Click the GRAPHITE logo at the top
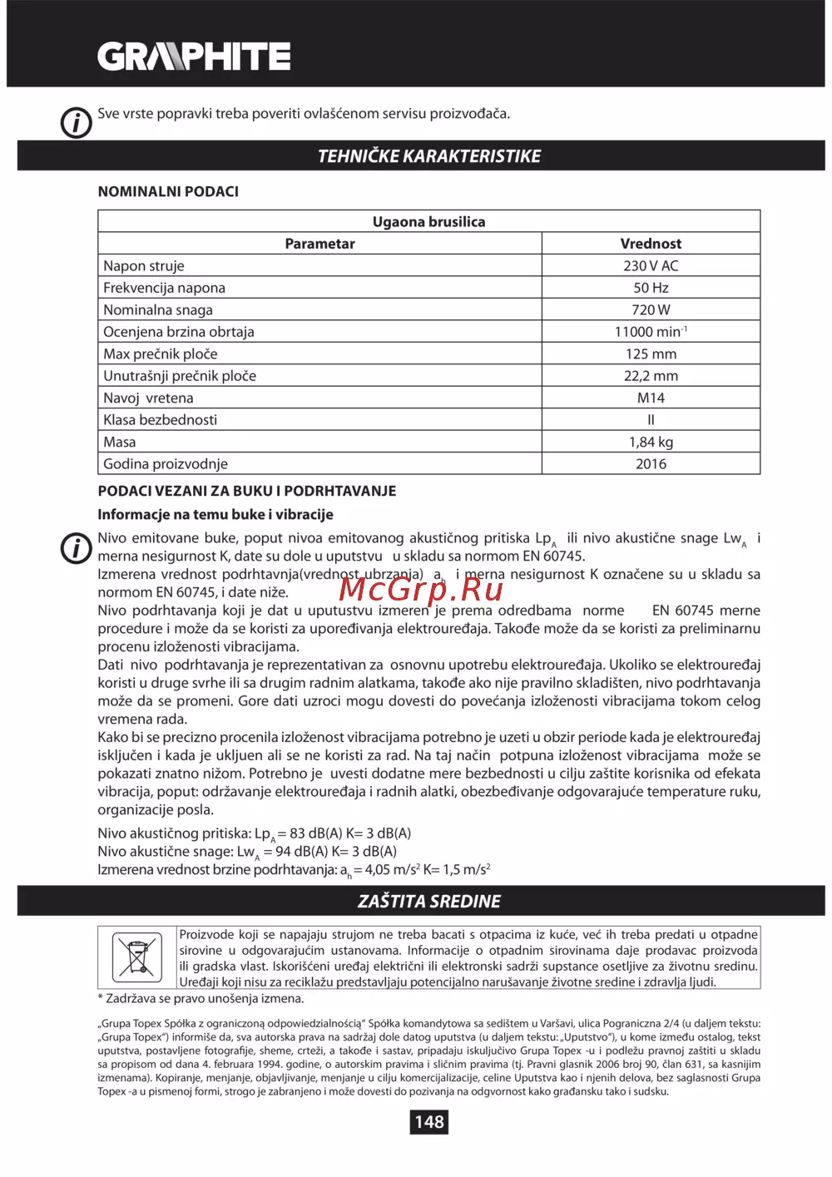pyautogui.click(x=194, y=57)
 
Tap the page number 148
pyautogui.click(x=429, y=1121)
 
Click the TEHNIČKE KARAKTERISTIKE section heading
pyautogui.click(x=428, y=156)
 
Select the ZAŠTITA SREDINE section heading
pyautogui.click(x=428, y=901)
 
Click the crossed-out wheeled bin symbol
pyautogui.click(x=136, y=957)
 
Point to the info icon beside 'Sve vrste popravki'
pyautogui.click(x=77, y=122)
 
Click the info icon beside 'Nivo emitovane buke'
pyautogui.click(x=77, y=547)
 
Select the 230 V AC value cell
pyautogui.click(x=651, y=266)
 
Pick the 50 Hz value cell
pyautogui.click(x=651, y=288)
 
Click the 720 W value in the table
pyautogui.click(x=651, y=310)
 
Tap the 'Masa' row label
pyautogui.click(x=120, y=443)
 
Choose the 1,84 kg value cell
pyautogui.click(x=651, y=443)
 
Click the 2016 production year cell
pyautogui.click(x=651, y=464)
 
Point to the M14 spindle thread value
pyautogui.click(x=651, y=398)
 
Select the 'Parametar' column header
pyautogui.click(x=319, y=244)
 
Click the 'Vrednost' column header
pyautogui.click(x=651, y=244)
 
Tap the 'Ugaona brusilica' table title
pyautogui.click(x=428, y=222)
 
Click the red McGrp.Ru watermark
pyautogui.click(x=421, y=588)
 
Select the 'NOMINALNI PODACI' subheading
pyautogui.click(x=168, y=191)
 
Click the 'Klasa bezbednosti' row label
pyautogui.click(x=160, y=420)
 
